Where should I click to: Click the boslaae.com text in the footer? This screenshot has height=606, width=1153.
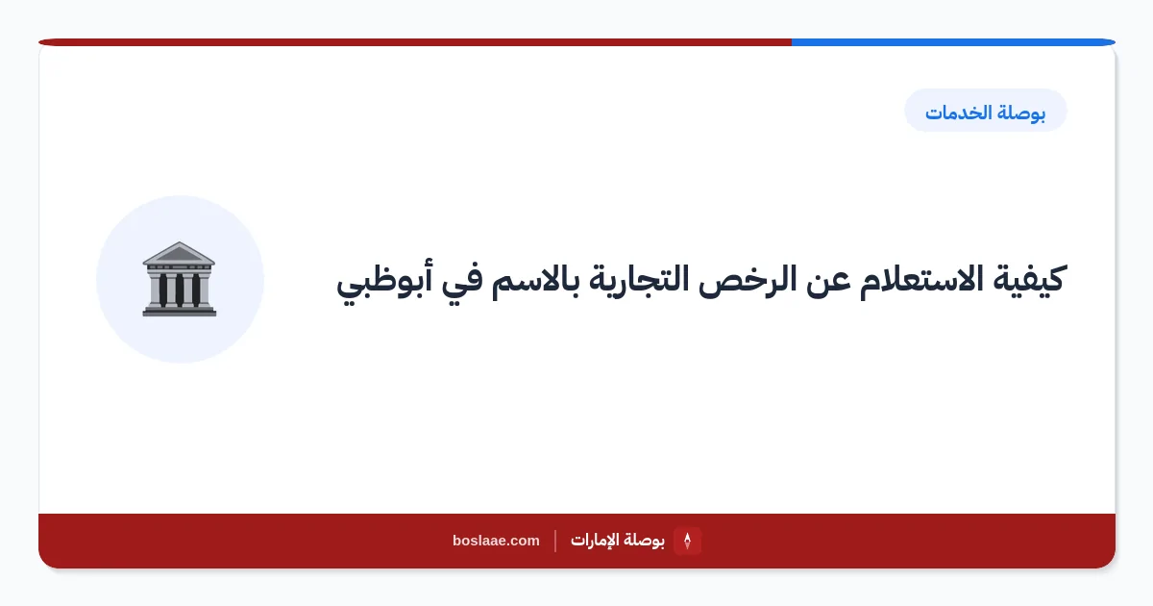(496, 541)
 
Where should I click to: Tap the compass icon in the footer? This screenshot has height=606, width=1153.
(687, 541)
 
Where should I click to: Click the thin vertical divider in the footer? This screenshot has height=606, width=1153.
(555, 541)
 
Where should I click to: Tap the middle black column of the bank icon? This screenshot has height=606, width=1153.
(179, 290)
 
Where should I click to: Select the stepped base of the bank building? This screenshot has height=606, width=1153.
(179, 311)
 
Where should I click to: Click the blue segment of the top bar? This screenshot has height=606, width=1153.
(953, 42)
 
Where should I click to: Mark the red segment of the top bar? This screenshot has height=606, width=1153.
(415, 42)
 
